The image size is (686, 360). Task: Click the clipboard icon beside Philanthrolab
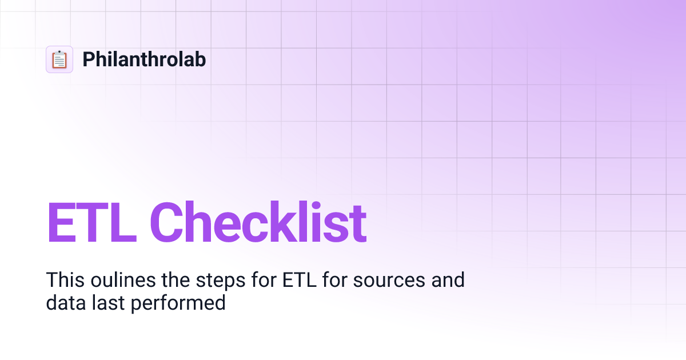(59, 59)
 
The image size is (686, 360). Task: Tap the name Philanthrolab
(144, 59)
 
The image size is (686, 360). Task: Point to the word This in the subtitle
(62, 280)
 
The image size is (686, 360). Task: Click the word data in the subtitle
(65, 302)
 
